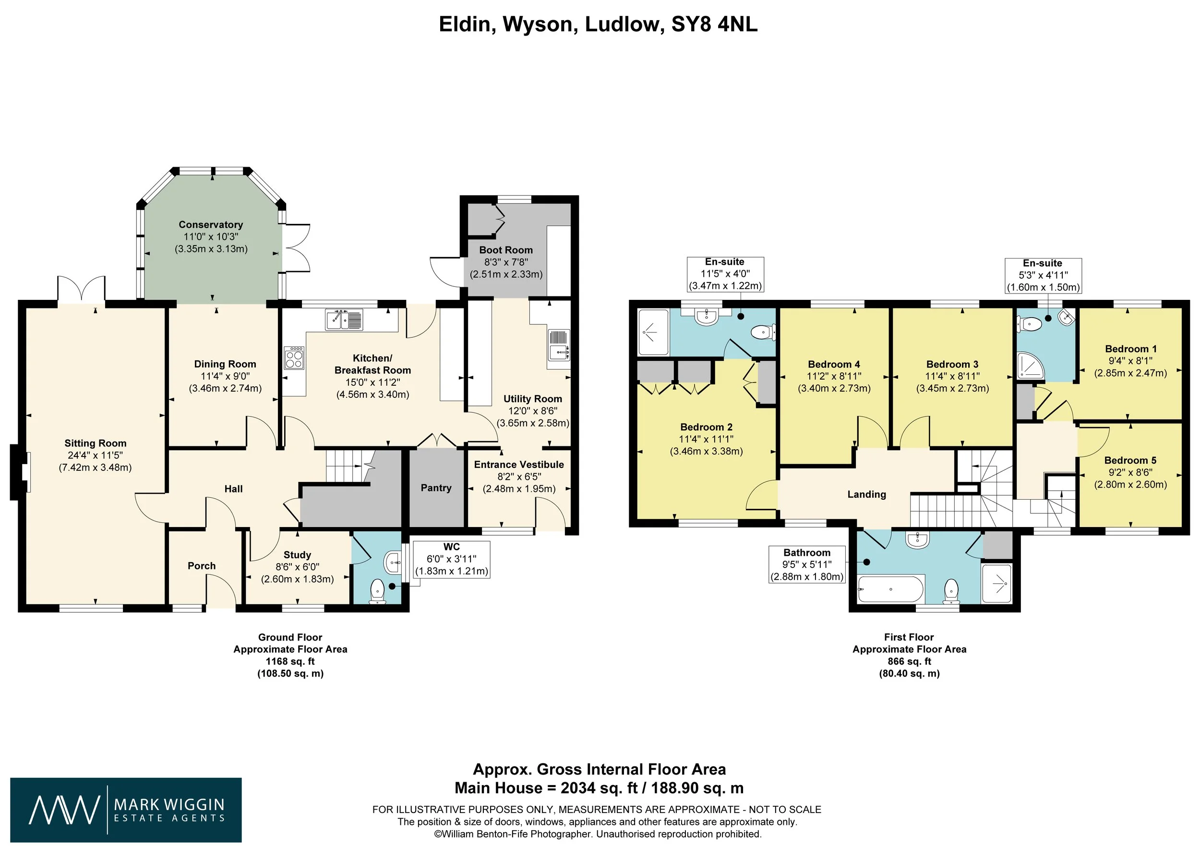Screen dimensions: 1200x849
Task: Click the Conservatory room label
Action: [x=211, y=224]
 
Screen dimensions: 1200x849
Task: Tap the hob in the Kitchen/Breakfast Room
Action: [x=294, y=358]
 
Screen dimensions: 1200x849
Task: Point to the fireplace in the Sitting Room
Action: [x=19, y=472]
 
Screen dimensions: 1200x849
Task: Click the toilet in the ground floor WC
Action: [x=377, y=591]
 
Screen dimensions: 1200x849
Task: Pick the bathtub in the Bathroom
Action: [x=891, y=590]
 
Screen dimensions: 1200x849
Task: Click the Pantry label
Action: [x=436, y=488]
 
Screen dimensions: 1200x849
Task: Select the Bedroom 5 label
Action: [x=1130, y=460]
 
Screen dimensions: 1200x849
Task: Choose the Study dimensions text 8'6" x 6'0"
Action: [x=298, y=566]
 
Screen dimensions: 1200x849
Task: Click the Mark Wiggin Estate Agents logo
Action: [x=126, y=810]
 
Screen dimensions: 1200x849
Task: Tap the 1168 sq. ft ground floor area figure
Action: [x=290, y=661]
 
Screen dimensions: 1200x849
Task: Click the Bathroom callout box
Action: [x=807, y=565]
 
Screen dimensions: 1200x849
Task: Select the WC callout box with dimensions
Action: [x=452, y=559]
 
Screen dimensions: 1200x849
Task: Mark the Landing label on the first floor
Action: [x=866, y=494]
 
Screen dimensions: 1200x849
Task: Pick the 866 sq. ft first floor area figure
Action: [x=910, y=661]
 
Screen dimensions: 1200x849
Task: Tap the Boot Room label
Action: [x=506, y=250]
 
